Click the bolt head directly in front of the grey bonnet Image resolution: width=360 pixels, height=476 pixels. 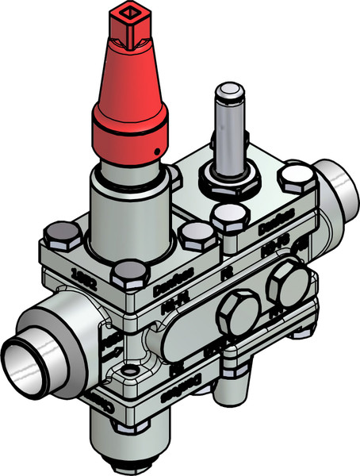tap(123, 274)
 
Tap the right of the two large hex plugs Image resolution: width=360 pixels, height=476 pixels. tap(286, 284)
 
